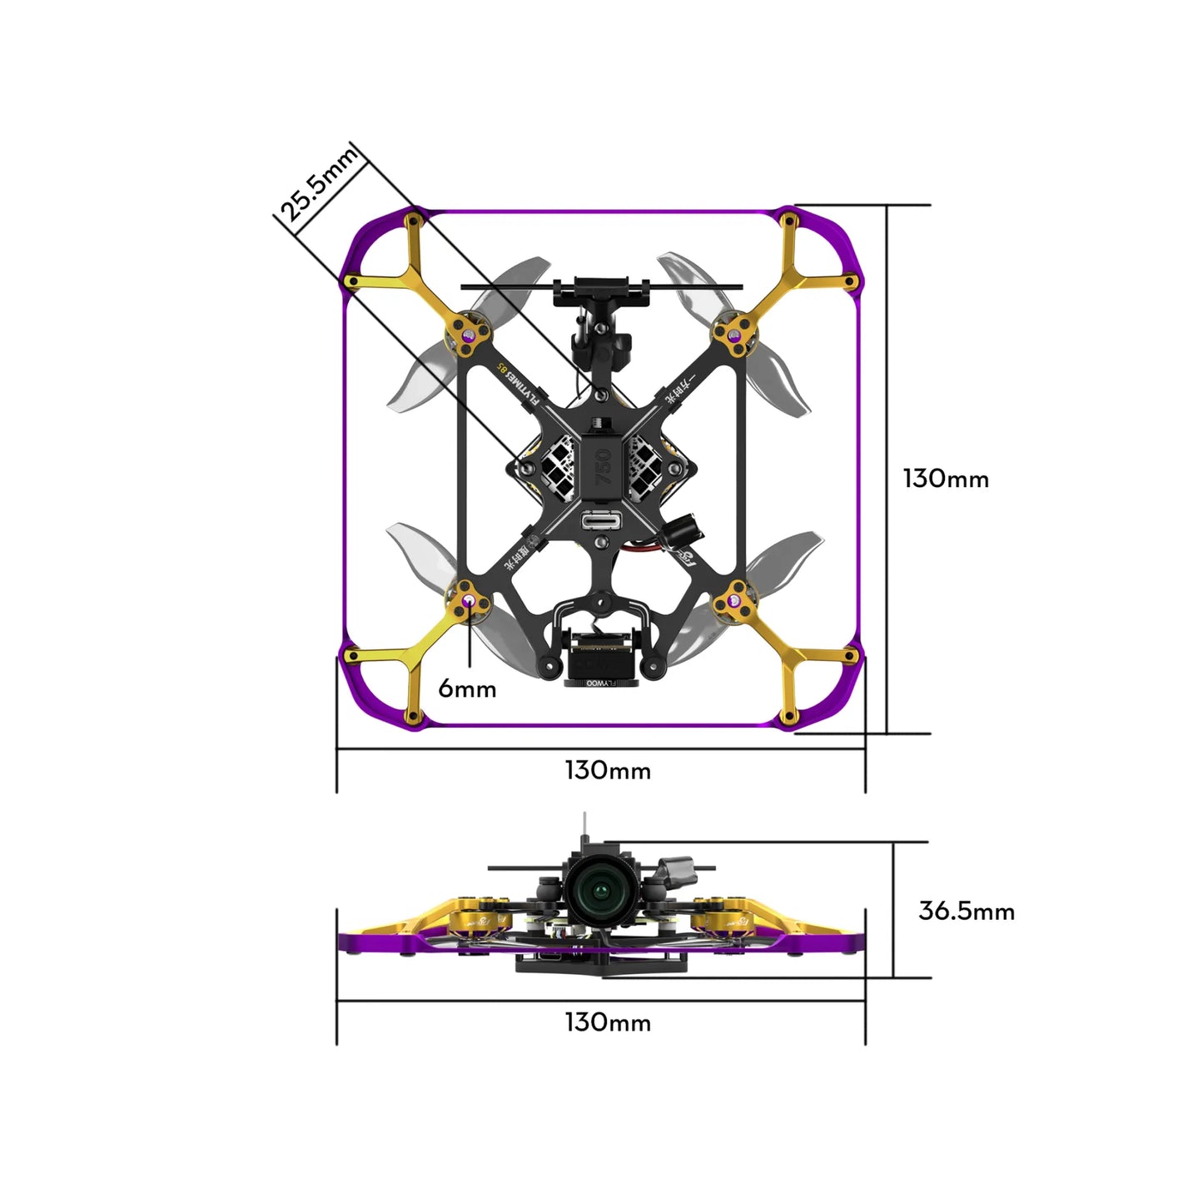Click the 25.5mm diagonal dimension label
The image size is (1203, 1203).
point(319,186)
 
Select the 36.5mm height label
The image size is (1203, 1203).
point(966,911)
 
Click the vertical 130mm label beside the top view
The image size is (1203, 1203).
point(946,479)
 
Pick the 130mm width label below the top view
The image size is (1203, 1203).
point(608,770)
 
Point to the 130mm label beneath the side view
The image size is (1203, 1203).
point(608,1022)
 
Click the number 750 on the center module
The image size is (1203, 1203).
point(604,467)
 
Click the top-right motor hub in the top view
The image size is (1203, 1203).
point(733,336)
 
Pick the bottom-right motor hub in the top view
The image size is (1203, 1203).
point(734,599)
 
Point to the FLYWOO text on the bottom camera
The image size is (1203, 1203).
point(601,683)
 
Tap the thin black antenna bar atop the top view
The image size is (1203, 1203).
point(600,286)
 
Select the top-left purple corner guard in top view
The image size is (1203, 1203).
point(375,241)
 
